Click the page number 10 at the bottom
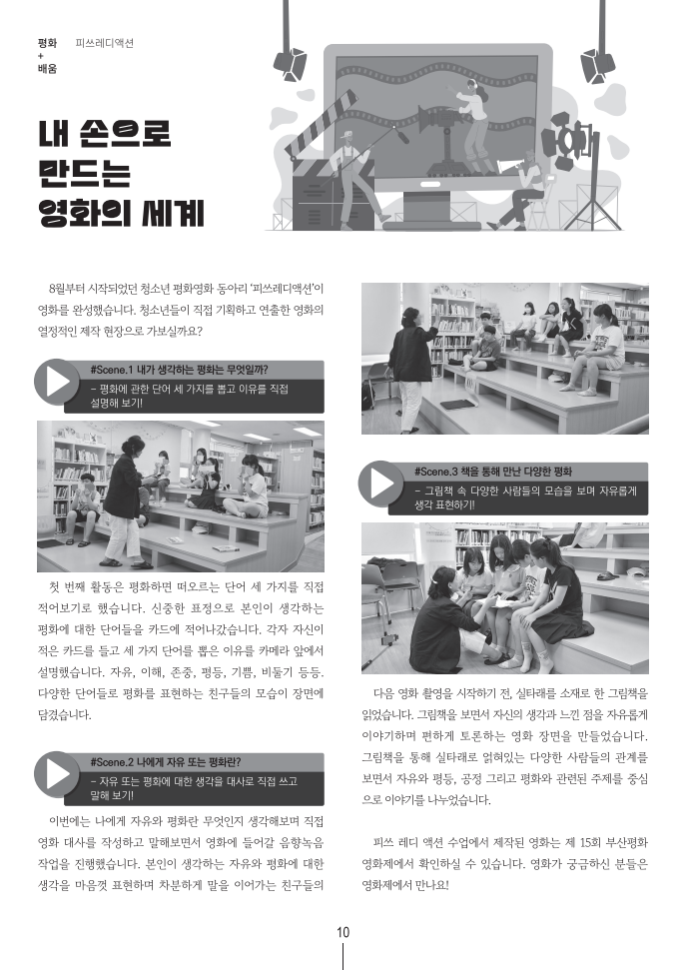(343, 933)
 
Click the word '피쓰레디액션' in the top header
(104, 44)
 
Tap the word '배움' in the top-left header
(46, 69)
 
